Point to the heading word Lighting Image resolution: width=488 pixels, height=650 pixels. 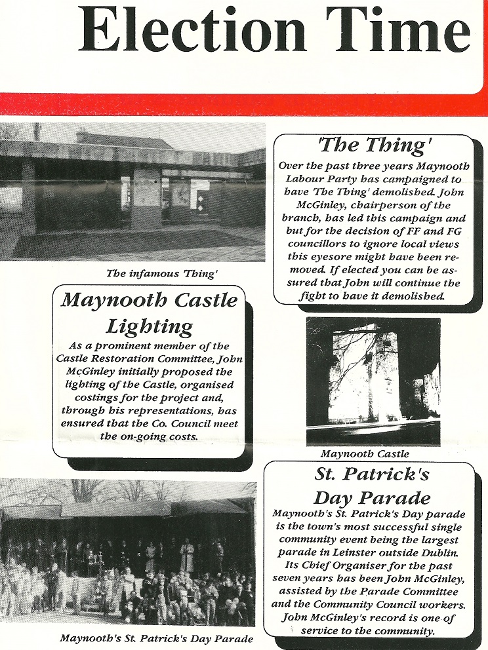click(150, 326)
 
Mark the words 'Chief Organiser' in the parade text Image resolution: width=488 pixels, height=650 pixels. click(325, 560)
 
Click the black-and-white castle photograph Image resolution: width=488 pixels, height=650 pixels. click(373, 381)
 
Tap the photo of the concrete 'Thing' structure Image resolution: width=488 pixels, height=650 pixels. click(132, 193)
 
